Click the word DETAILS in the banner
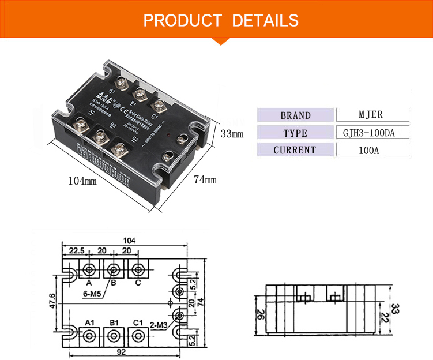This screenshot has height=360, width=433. [265, 21]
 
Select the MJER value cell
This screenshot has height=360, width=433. [371, 115]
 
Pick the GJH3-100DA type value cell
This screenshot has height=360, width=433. [371, 133]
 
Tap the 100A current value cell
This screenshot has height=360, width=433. [371, 150]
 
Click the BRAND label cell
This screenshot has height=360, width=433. [295, 115]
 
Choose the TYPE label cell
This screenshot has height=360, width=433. [295, 133]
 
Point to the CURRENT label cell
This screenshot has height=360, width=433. [295, 150]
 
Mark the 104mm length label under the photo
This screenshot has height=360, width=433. [82, 181]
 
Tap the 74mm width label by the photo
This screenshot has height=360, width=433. [205, 181]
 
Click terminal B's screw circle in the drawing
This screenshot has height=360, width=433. [114, 269]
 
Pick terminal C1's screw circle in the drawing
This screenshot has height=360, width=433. [138, 335]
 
